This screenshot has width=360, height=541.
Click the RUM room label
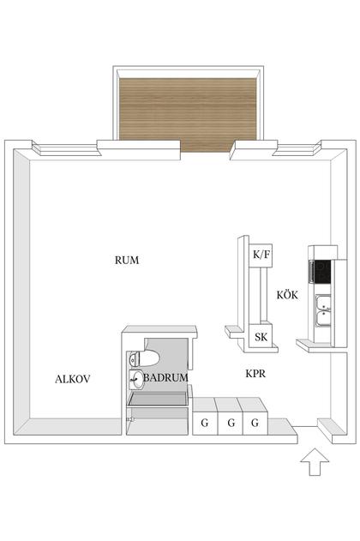point(127,260)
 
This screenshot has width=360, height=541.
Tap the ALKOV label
point(73,378)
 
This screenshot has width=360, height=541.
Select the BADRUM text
point(165,377)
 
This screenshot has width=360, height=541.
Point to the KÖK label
point(286,295)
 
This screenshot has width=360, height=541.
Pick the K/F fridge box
point(260,255)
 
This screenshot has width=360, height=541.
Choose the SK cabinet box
point(261,337)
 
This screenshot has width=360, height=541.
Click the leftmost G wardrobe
point(205,422)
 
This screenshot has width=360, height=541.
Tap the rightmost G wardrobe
point(255,422)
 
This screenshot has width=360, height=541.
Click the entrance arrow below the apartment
point(315,463)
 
